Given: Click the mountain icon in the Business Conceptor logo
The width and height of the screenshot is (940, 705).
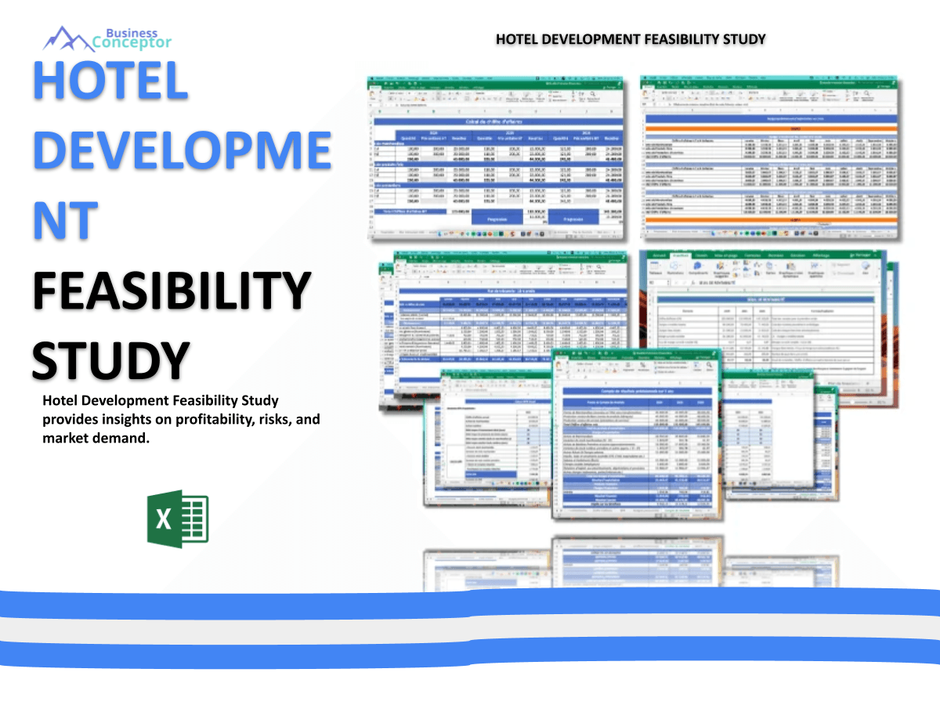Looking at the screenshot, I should [67, 37].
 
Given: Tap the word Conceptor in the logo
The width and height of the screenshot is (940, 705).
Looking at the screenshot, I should [132, 43].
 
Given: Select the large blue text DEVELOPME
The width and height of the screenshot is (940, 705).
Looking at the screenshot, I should [182, 152].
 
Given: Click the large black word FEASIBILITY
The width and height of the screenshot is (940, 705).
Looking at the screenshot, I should [172, 290].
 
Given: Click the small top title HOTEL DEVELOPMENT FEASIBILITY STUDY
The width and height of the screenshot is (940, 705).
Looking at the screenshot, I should [631, 39].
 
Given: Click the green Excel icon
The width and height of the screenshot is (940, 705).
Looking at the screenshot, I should [178, 519].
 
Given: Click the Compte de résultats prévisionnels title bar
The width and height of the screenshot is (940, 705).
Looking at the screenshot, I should [637, 391].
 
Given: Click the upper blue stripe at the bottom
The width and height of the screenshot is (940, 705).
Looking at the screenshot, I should [470, 602].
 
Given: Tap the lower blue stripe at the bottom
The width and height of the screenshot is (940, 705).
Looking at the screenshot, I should [470, 652].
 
